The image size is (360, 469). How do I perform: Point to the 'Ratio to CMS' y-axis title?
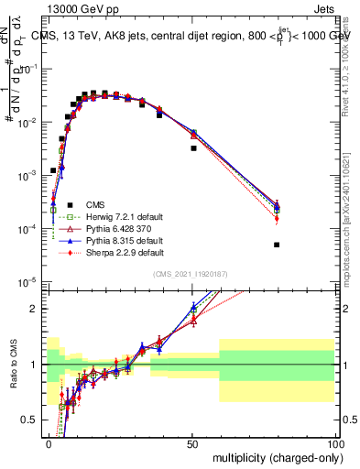pos(14,365)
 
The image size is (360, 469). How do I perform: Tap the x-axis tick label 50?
pos(192,442)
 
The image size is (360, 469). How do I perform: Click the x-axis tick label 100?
pos(334,442)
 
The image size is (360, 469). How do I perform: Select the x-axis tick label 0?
pos(49,442)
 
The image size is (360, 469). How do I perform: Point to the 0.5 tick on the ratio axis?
pos(34,420)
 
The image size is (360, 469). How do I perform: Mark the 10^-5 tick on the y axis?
pos(29,281)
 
